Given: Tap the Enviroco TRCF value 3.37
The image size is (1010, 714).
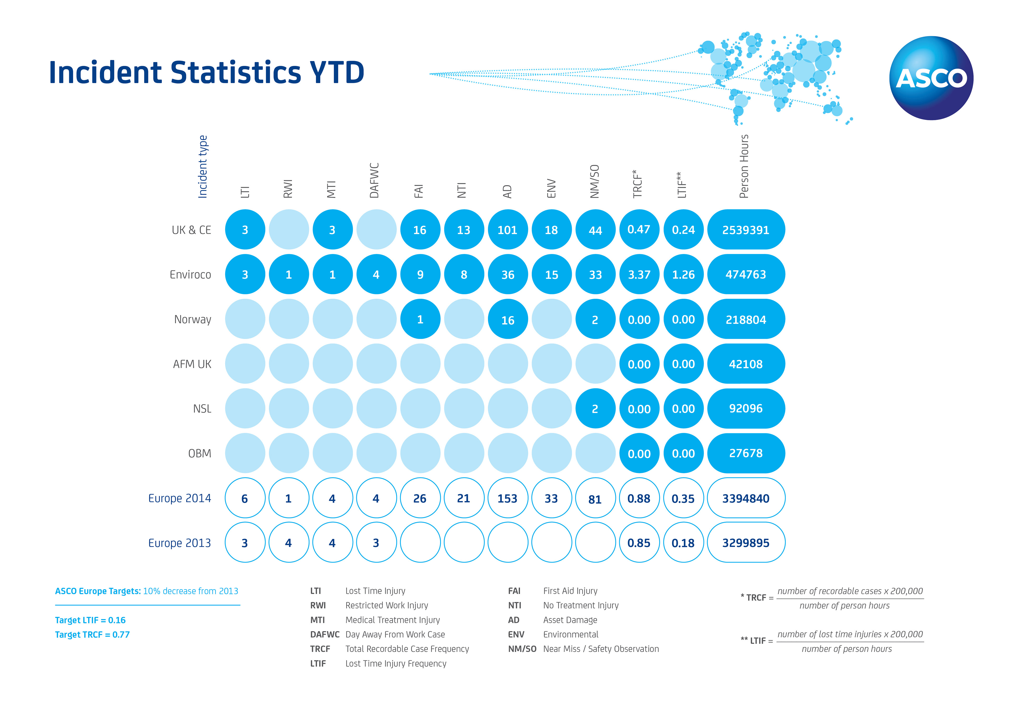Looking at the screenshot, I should tap(639, 275).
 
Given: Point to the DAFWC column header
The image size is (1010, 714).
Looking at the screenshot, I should tap(374, 180).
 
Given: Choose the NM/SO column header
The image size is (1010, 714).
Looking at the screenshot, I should tap(595, 181).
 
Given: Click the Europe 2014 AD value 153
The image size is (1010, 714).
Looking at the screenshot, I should tap(508, 498).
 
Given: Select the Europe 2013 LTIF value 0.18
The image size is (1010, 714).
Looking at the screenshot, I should tap(683, 543).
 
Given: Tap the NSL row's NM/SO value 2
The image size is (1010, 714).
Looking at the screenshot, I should tap(595, 409).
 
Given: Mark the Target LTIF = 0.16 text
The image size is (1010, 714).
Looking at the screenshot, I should tap(90, 620).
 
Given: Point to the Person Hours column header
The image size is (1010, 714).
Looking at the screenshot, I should tap(744, 166).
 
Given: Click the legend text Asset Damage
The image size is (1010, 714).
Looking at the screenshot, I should tap(570, 620).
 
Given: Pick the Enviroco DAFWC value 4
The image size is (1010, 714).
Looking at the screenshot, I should tap(376, 275).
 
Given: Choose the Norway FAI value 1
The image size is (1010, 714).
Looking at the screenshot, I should tap(420, 319).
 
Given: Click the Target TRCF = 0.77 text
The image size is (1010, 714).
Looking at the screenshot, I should tap(92, 634).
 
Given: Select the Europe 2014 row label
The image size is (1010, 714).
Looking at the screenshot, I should tap(179, 498).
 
